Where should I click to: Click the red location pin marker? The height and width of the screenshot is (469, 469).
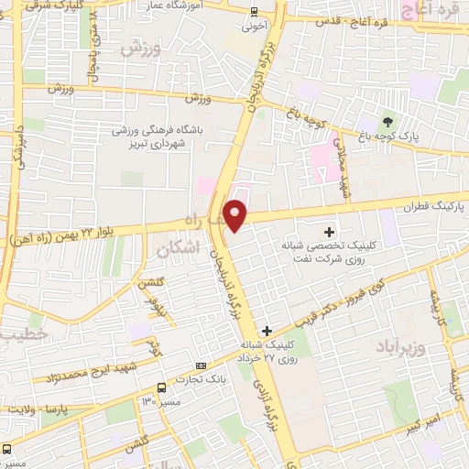236,215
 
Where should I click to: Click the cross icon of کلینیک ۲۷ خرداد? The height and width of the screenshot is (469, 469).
267,331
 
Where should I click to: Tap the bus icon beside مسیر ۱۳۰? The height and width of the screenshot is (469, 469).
162,387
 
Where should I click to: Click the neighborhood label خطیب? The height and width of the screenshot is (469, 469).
16,334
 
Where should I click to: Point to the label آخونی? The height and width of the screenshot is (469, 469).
254,27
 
